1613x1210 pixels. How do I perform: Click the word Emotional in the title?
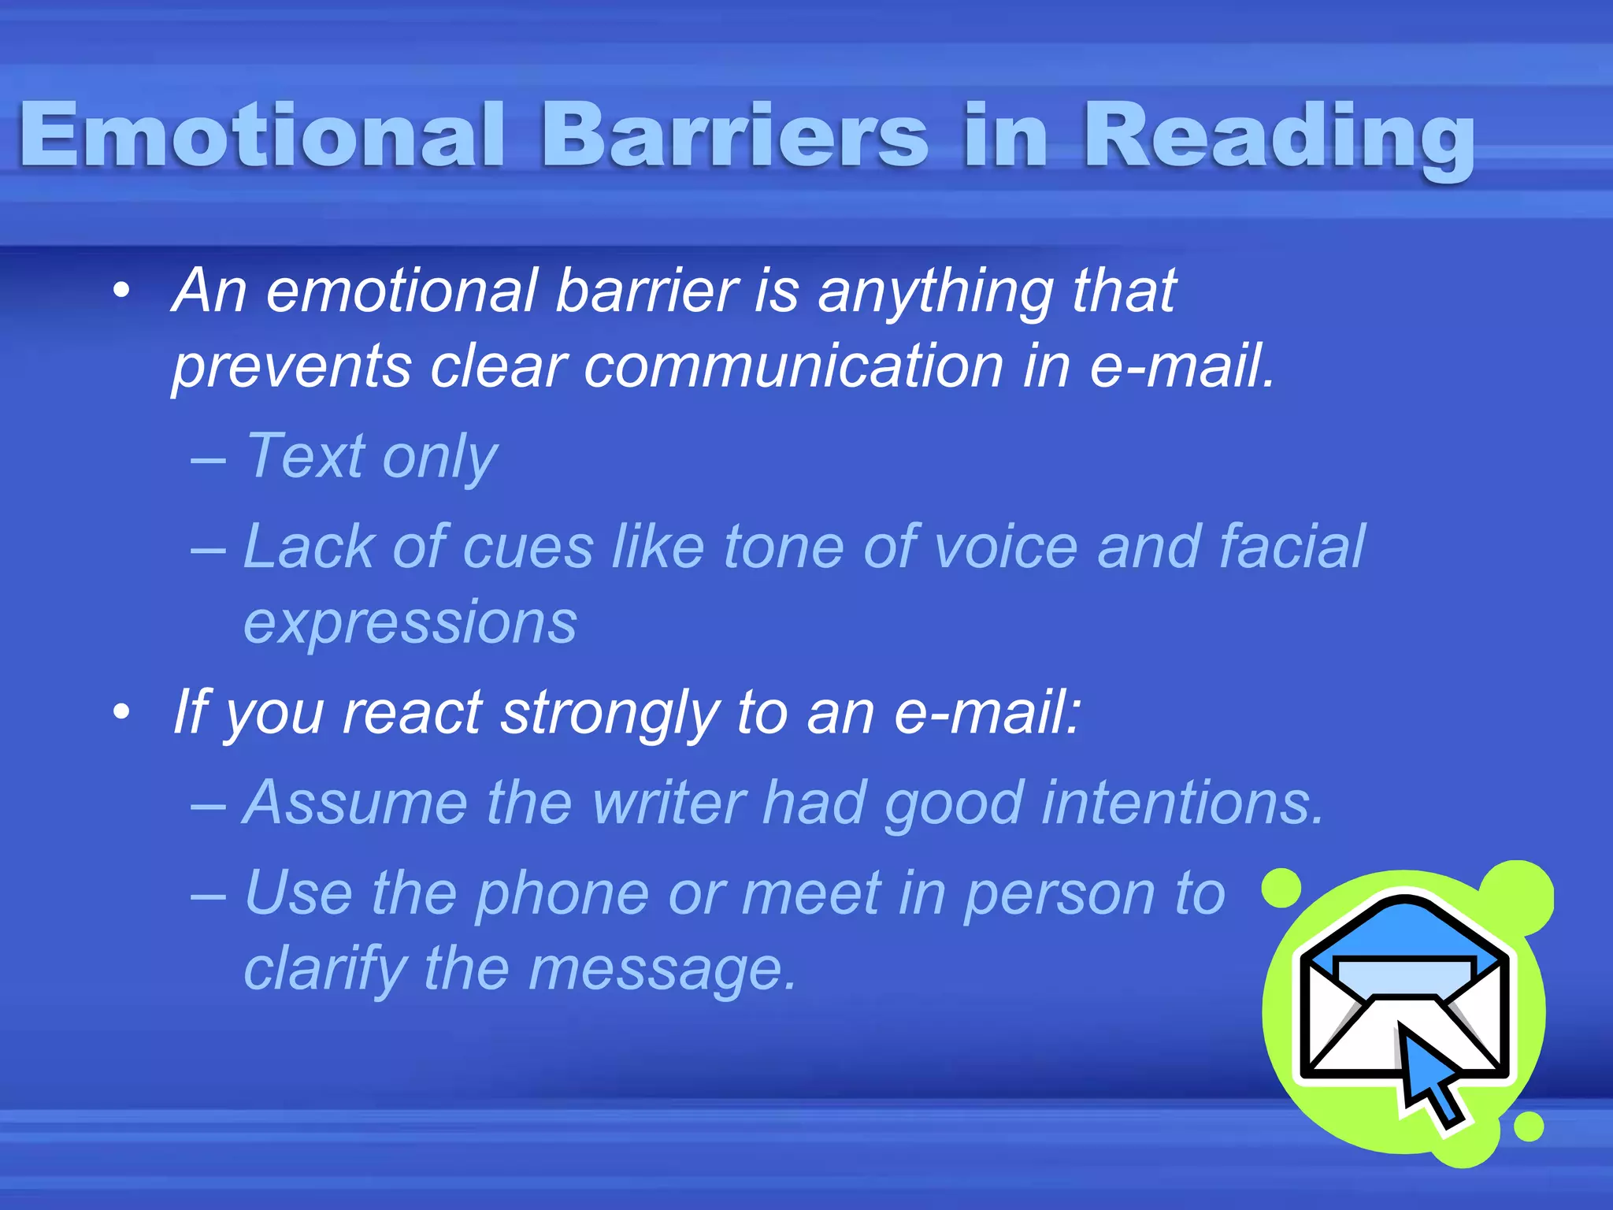point(260,135)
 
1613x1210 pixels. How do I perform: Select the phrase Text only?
point(371,457)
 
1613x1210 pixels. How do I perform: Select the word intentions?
point(1182,804)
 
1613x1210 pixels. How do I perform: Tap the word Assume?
point(355,804)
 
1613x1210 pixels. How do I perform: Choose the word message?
point(662,971)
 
